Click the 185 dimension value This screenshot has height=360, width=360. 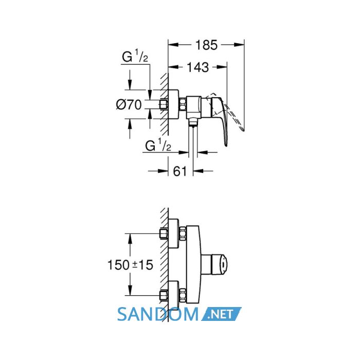click(206, 45)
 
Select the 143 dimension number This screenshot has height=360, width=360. click(198, 67)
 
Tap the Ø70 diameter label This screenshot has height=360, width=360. click(129, 105)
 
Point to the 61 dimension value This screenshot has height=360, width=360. click(180, 171)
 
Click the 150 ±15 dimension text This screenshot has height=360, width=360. click(130, 265)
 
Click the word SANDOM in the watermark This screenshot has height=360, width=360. click(158, 314)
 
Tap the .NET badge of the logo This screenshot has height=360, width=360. click(221, 314)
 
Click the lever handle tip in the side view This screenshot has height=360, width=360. click(226, 144)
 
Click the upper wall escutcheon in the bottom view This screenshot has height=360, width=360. click(174, 233)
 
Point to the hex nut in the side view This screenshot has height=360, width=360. click(183, 104)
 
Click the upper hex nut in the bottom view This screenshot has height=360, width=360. click(183, 233)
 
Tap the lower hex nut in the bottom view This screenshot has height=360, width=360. click(183, 296)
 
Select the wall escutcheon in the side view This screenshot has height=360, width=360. click(173, 104)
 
